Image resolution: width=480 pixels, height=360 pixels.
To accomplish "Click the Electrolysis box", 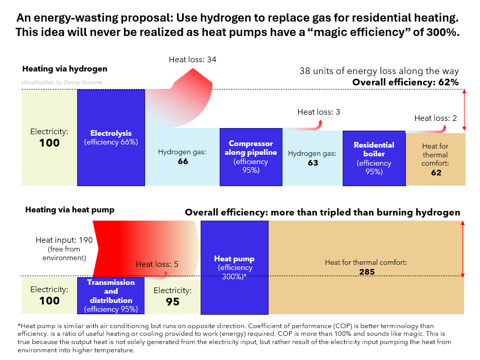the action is point(111,137).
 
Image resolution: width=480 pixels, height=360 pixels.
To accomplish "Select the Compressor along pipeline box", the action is point(251,157).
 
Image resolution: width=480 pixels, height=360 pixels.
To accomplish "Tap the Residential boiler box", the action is point(374,158).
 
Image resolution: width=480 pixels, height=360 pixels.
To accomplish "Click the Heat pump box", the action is point(235,267).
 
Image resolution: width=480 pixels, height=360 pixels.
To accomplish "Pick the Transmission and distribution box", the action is point(111,295).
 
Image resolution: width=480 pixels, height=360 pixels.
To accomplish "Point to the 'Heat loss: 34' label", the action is point(192,59).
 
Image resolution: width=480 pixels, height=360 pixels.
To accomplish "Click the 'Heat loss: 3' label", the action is point(318,112).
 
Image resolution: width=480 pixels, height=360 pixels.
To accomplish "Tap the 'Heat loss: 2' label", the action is point(436,118).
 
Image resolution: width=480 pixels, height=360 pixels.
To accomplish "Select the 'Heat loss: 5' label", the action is point(157,264).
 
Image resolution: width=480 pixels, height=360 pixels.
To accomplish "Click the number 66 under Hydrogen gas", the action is point(183,161).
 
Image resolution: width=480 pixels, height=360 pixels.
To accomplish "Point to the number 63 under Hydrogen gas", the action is point(313,163).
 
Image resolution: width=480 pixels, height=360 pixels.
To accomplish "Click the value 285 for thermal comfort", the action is point(367,272).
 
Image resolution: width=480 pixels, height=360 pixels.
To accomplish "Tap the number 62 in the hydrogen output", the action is point(436,173).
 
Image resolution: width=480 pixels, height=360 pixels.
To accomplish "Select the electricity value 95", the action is point(173,302).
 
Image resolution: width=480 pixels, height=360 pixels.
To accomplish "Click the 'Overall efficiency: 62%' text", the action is point(405,82).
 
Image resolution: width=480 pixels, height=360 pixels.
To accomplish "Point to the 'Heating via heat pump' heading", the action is point(70,210).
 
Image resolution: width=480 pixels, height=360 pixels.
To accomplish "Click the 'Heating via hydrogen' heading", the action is point(65,69).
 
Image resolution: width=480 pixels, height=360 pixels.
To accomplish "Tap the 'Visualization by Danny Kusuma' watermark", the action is point(62,82).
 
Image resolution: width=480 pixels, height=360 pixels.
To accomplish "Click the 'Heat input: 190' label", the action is point(64,240).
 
